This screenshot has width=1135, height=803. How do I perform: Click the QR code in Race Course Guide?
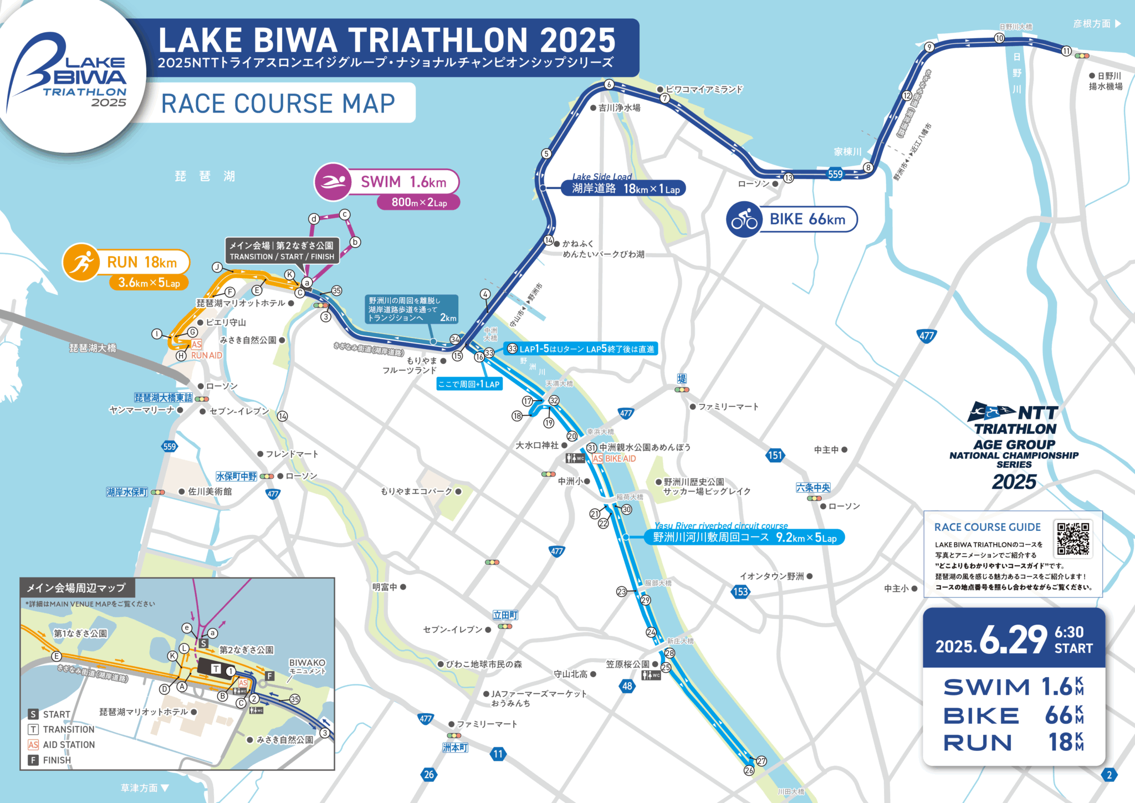1073,538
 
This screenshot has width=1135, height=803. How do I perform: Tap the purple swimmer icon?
333,182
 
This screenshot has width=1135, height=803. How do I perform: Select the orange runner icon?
81,262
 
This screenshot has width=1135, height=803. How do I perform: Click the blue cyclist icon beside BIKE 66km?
744,219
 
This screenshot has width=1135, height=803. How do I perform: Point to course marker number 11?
1066,51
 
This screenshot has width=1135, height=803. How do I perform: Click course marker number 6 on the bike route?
609,84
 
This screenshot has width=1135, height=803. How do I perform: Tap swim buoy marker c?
345,214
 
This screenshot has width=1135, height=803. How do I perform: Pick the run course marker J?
217,267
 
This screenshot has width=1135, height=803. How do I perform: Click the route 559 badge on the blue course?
835,174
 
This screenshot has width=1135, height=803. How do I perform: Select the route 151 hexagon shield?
775,456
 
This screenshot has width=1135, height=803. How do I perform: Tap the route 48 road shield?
627,686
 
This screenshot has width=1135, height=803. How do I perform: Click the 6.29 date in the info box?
1014,641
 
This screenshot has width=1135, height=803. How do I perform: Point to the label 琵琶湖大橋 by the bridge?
93,348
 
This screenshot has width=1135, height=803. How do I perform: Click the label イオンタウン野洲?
771,576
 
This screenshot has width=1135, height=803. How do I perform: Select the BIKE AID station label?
620,459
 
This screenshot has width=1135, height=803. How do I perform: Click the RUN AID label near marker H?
206,355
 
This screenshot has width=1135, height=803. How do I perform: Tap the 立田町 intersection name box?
505,615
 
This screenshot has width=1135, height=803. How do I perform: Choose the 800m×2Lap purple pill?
418,202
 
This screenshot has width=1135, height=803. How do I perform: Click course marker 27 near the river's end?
761,761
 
